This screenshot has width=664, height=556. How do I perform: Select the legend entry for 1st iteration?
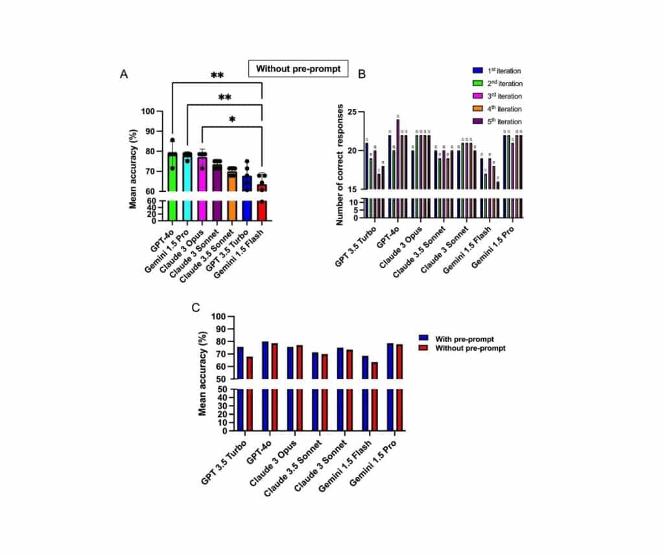(497, 71)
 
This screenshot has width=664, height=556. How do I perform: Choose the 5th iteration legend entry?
(497, 122)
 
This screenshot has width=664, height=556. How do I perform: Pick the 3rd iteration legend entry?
(497, 96)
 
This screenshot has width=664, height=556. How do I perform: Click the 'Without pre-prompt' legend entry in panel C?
(461, 348)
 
